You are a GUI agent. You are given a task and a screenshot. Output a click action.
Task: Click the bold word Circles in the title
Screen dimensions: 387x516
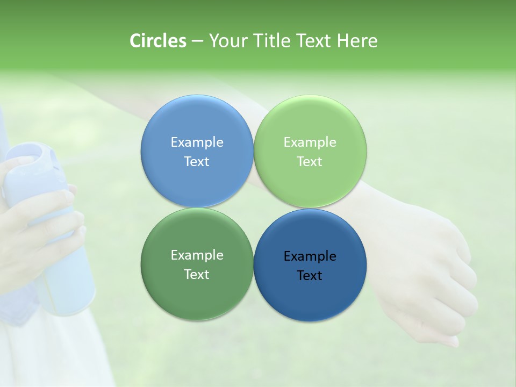[x=158, y=41]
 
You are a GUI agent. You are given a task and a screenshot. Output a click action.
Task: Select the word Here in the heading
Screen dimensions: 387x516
[x=357, y=41]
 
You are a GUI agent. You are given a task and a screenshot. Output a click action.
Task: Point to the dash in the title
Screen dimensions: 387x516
[x=197, y=41]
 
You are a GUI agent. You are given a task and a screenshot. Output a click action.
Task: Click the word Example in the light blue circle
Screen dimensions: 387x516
[x=197, y=142]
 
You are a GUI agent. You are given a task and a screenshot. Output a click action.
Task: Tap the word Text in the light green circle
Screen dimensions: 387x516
[x=310, y=161]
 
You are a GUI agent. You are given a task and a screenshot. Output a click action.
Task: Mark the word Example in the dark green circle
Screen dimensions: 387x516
[x=197, y=255]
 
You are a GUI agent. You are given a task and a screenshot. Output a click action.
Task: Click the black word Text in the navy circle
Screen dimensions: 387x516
[x=310, y=275]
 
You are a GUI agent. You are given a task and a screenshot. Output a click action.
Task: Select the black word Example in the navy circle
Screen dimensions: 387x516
[x=310, y=256]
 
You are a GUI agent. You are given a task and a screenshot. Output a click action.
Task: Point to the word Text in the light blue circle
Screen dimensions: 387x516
[x=197, y=161]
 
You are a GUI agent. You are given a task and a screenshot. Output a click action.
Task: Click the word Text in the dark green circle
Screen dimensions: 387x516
[x=197, y=274]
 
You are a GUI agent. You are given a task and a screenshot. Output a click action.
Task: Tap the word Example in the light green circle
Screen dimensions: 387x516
[x=310, y=142]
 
